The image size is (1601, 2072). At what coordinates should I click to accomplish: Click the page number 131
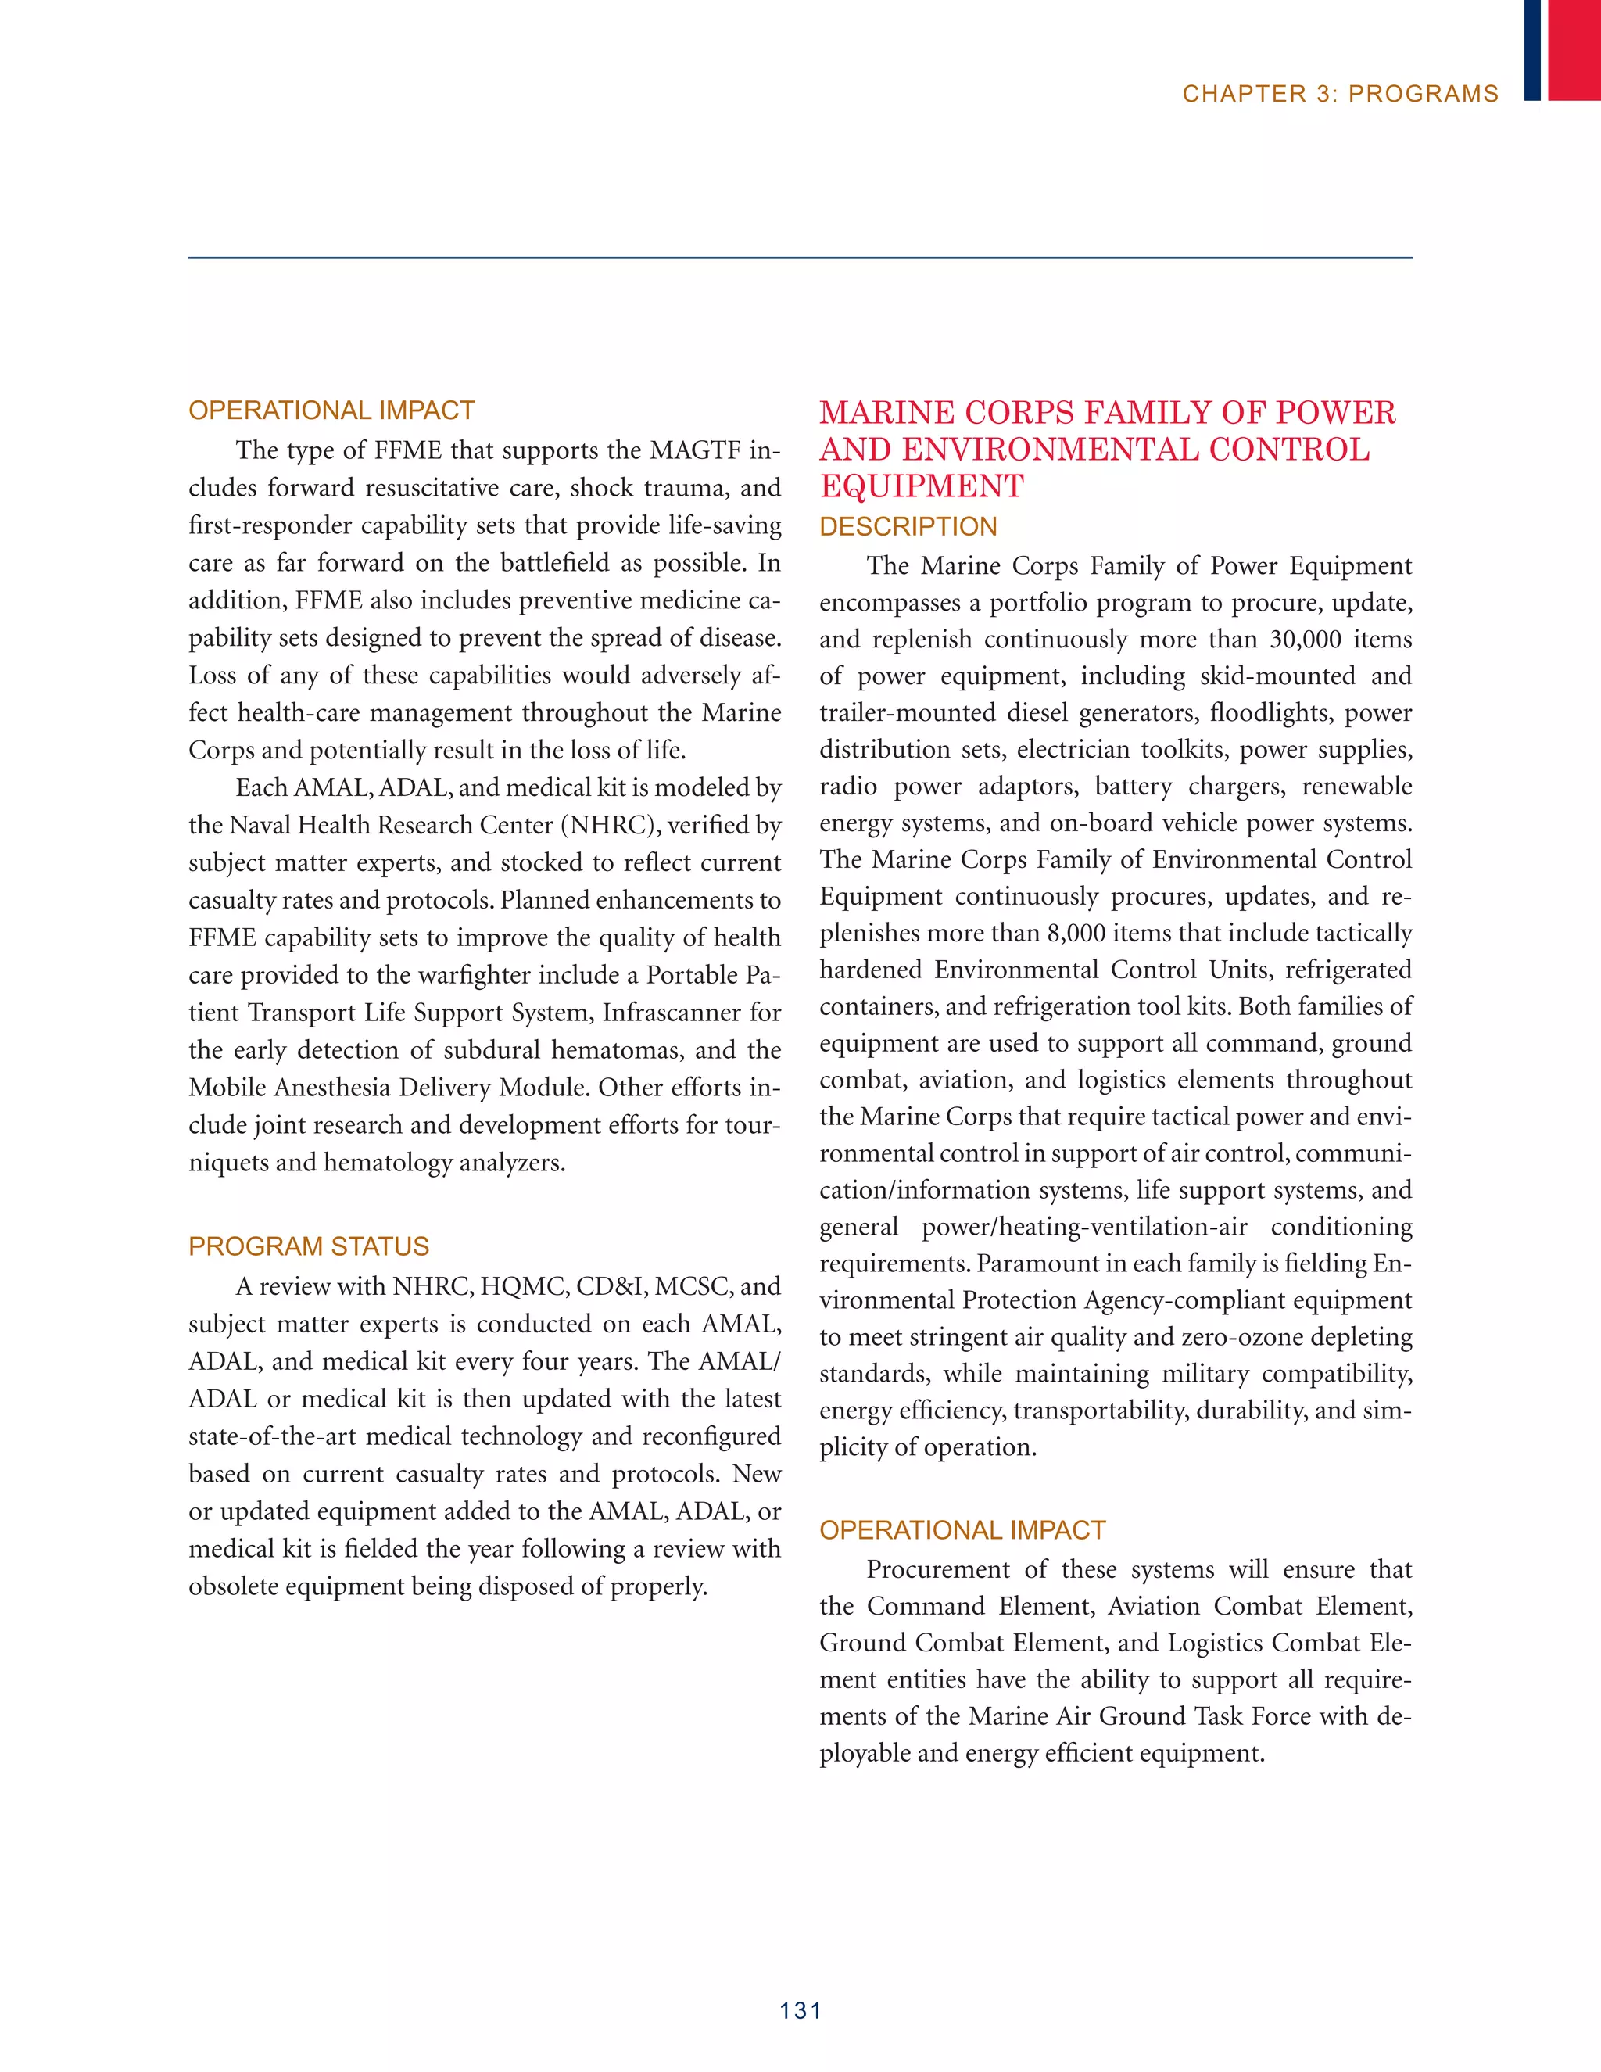[x=800, y=2010]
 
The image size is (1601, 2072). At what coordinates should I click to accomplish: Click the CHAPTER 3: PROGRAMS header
[x=1340, y=94]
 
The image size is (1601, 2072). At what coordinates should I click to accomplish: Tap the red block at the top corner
[x=1574, y=49]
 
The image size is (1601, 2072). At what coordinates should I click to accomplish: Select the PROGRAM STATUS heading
[x=308, y=1246]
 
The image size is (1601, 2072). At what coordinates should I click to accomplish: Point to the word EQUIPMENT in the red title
[x=922, y=486]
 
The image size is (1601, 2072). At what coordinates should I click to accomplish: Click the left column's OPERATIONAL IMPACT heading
[x=331, y=410]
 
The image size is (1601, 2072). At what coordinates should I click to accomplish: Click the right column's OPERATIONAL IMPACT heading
[x=962, y=1530]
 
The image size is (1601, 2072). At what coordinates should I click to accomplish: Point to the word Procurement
[x=938, y=1570]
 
